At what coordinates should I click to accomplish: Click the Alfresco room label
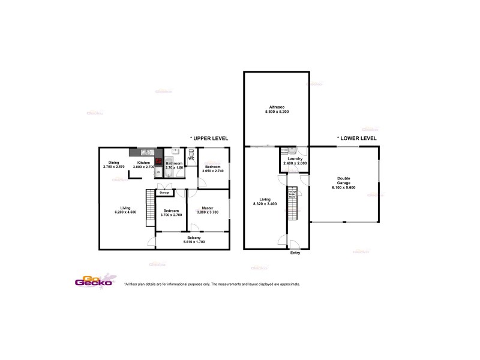point(276,106)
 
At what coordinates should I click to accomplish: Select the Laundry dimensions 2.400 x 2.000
point(294,163)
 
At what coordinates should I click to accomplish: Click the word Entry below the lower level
point(295,253)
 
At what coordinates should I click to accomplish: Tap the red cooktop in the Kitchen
point(158,161)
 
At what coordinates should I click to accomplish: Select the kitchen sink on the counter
point(144,152)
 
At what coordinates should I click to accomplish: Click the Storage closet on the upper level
point(164,192)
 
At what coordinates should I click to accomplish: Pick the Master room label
point(207,208)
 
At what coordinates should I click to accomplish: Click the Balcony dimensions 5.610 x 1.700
point(193,242)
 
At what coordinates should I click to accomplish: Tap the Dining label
point(113,163)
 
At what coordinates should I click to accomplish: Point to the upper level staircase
point(150,208)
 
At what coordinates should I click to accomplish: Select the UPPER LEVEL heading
point(209,138)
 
